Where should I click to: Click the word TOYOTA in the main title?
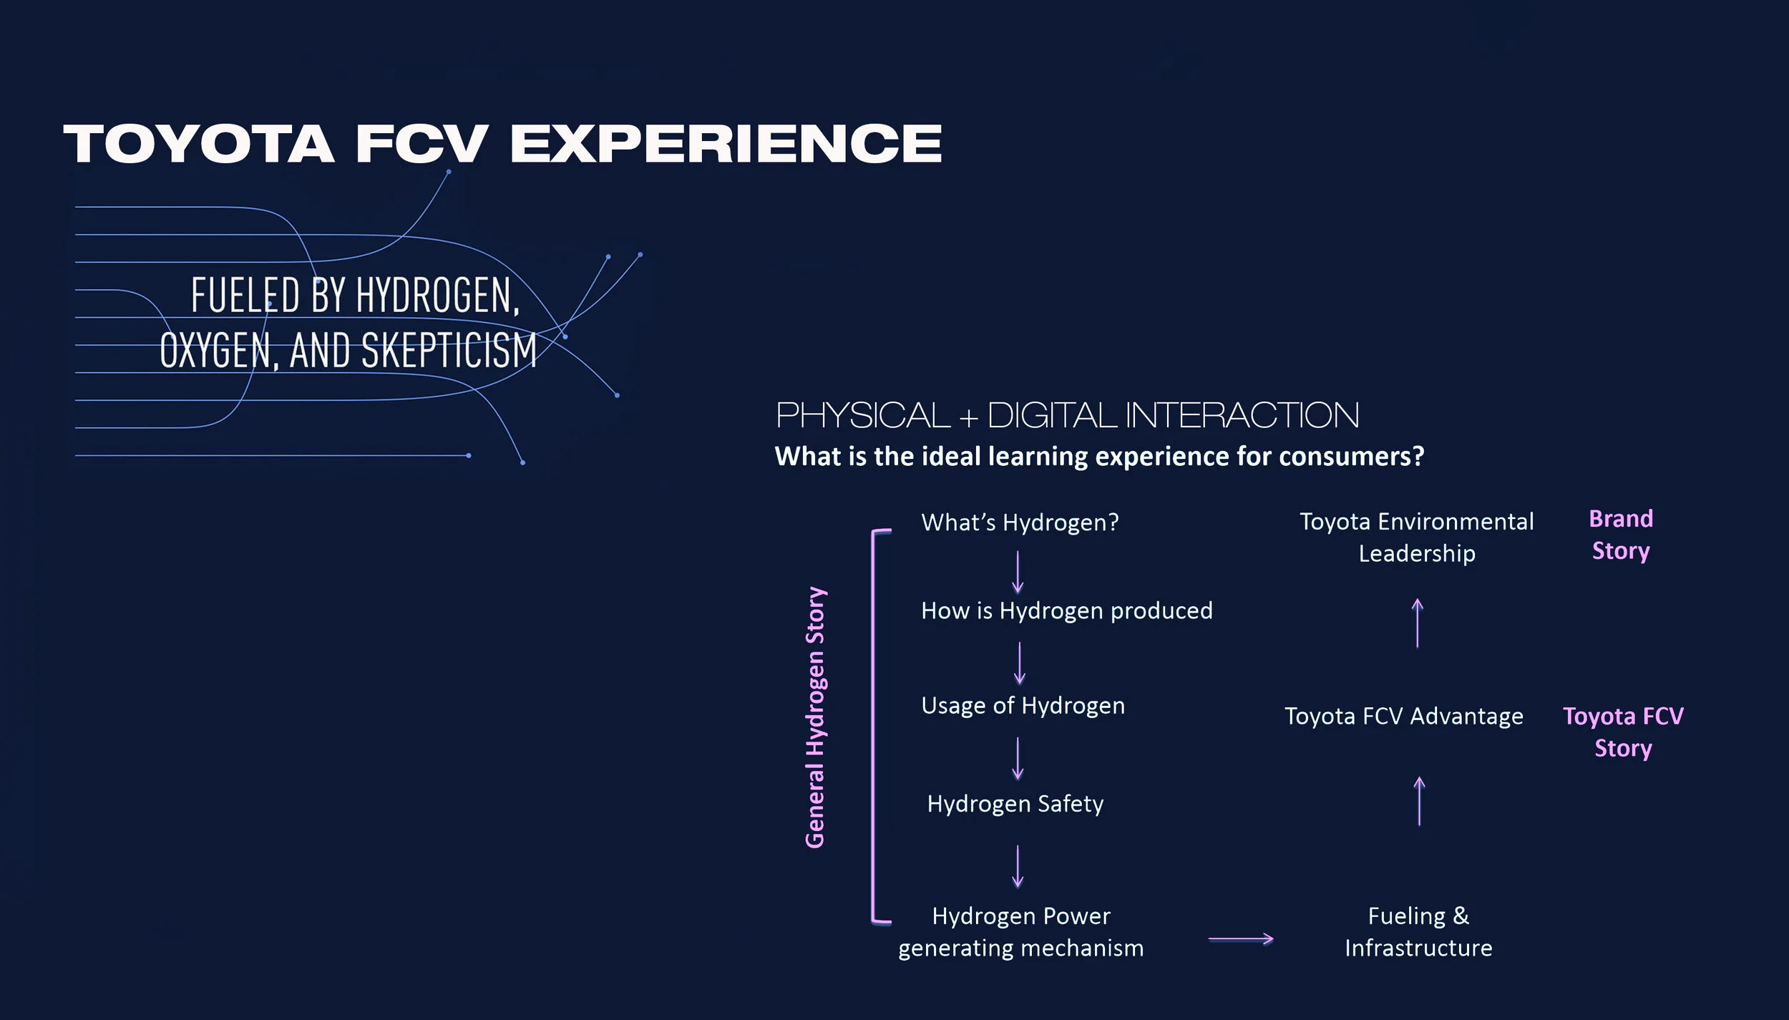199,144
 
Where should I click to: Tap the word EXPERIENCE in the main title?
726,144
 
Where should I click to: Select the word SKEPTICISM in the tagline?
449,351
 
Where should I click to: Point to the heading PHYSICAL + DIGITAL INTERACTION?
1067,416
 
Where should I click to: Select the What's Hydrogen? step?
1020,523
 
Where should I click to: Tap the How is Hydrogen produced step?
1066,611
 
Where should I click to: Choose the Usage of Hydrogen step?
1023,706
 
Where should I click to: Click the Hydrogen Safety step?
1015,804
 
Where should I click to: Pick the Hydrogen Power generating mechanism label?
1021,932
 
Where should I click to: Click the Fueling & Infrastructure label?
1418,932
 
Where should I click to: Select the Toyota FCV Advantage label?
1403,717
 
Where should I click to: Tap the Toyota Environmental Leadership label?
1416,538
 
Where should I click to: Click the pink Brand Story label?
1621,535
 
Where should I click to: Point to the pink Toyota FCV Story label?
1623,732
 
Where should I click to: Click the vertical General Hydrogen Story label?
816,717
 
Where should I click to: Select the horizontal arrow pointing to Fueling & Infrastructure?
1241,938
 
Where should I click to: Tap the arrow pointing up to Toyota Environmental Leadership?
1417,623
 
